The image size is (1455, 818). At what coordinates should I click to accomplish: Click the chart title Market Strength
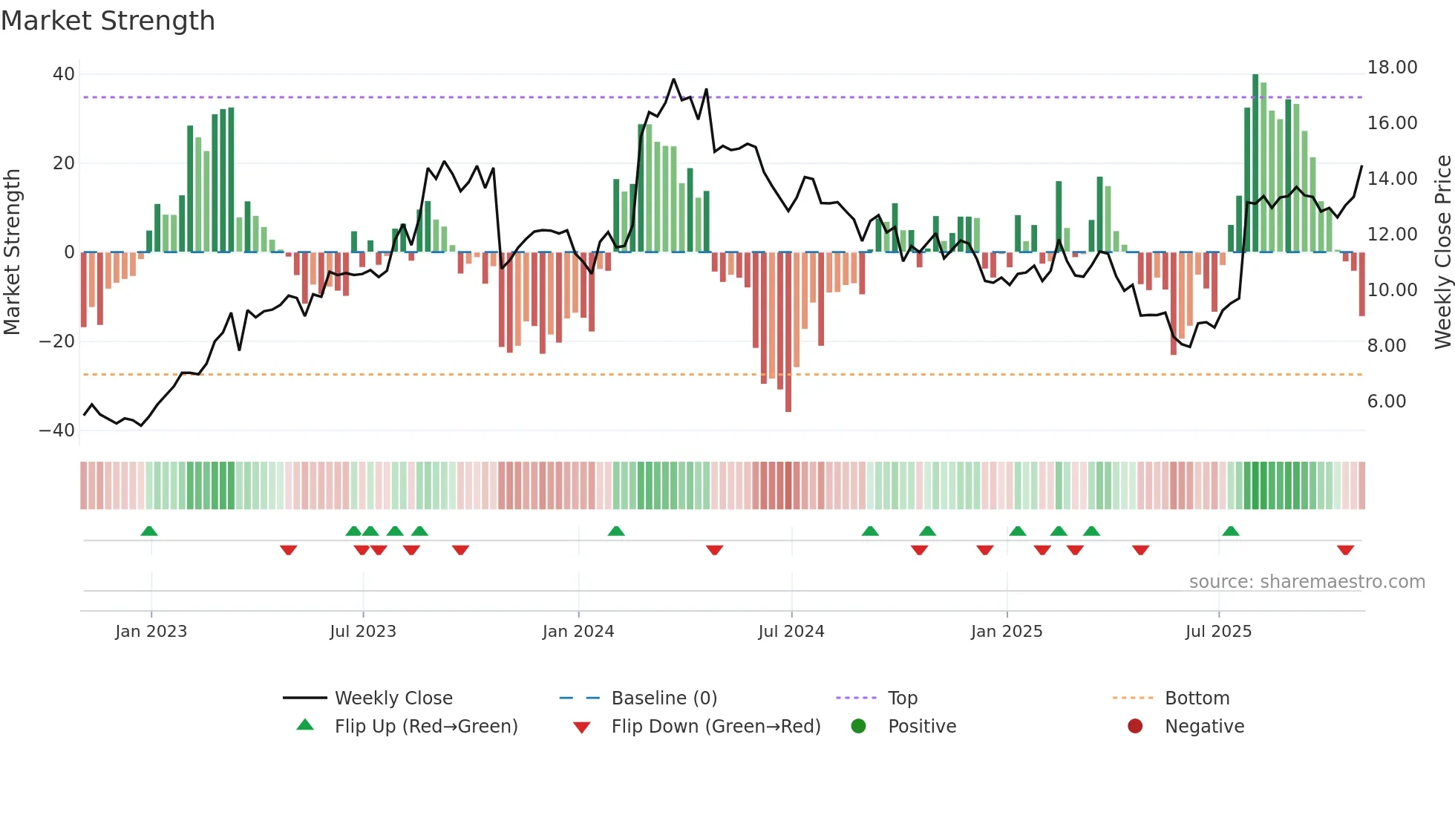click(108, 21)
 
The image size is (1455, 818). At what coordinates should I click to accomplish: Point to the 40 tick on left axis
click(64, 74)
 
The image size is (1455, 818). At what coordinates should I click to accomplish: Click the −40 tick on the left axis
click(57, 431)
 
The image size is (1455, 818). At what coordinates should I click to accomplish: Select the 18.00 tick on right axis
click(1392, 68)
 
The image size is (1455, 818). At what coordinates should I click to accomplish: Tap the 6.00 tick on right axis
click(1386, 402)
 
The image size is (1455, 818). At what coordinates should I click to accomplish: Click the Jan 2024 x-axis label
click(578, 632)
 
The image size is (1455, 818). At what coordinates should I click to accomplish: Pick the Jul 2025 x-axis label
click(1218, 632)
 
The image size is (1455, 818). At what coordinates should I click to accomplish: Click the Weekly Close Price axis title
click(1442, 252)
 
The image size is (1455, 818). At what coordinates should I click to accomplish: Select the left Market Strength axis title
click(12, 252)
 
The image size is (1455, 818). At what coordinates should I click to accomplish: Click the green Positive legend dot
click(859, 727)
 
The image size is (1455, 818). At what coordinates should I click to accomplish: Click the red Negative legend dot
click(1135, 727)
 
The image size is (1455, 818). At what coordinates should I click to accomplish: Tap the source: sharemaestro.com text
click(1307, 582)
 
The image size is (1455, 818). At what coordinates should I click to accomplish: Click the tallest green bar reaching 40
click(1255, 163)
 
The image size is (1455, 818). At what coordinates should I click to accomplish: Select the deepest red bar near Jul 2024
click(788, 334)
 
